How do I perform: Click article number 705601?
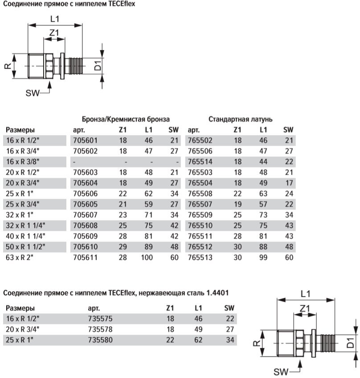click(x=84, y=140)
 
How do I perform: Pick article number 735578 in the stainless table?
click(x=101, y=329)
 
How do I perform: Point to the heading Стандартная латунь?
click(x=241, y=119)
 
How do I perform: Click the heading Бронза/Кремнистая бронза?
click(x=126, y=119)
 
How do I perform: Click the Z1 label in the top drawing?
click(x=54, y=33)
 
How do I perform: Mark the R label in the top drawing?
click(x=8, y=66)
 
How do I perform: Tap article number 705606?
click(x=84, y=193)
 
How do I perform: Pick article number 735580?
click(x=101, y=340)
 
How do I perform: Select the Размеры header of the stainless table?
click(x=20, y=308)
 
